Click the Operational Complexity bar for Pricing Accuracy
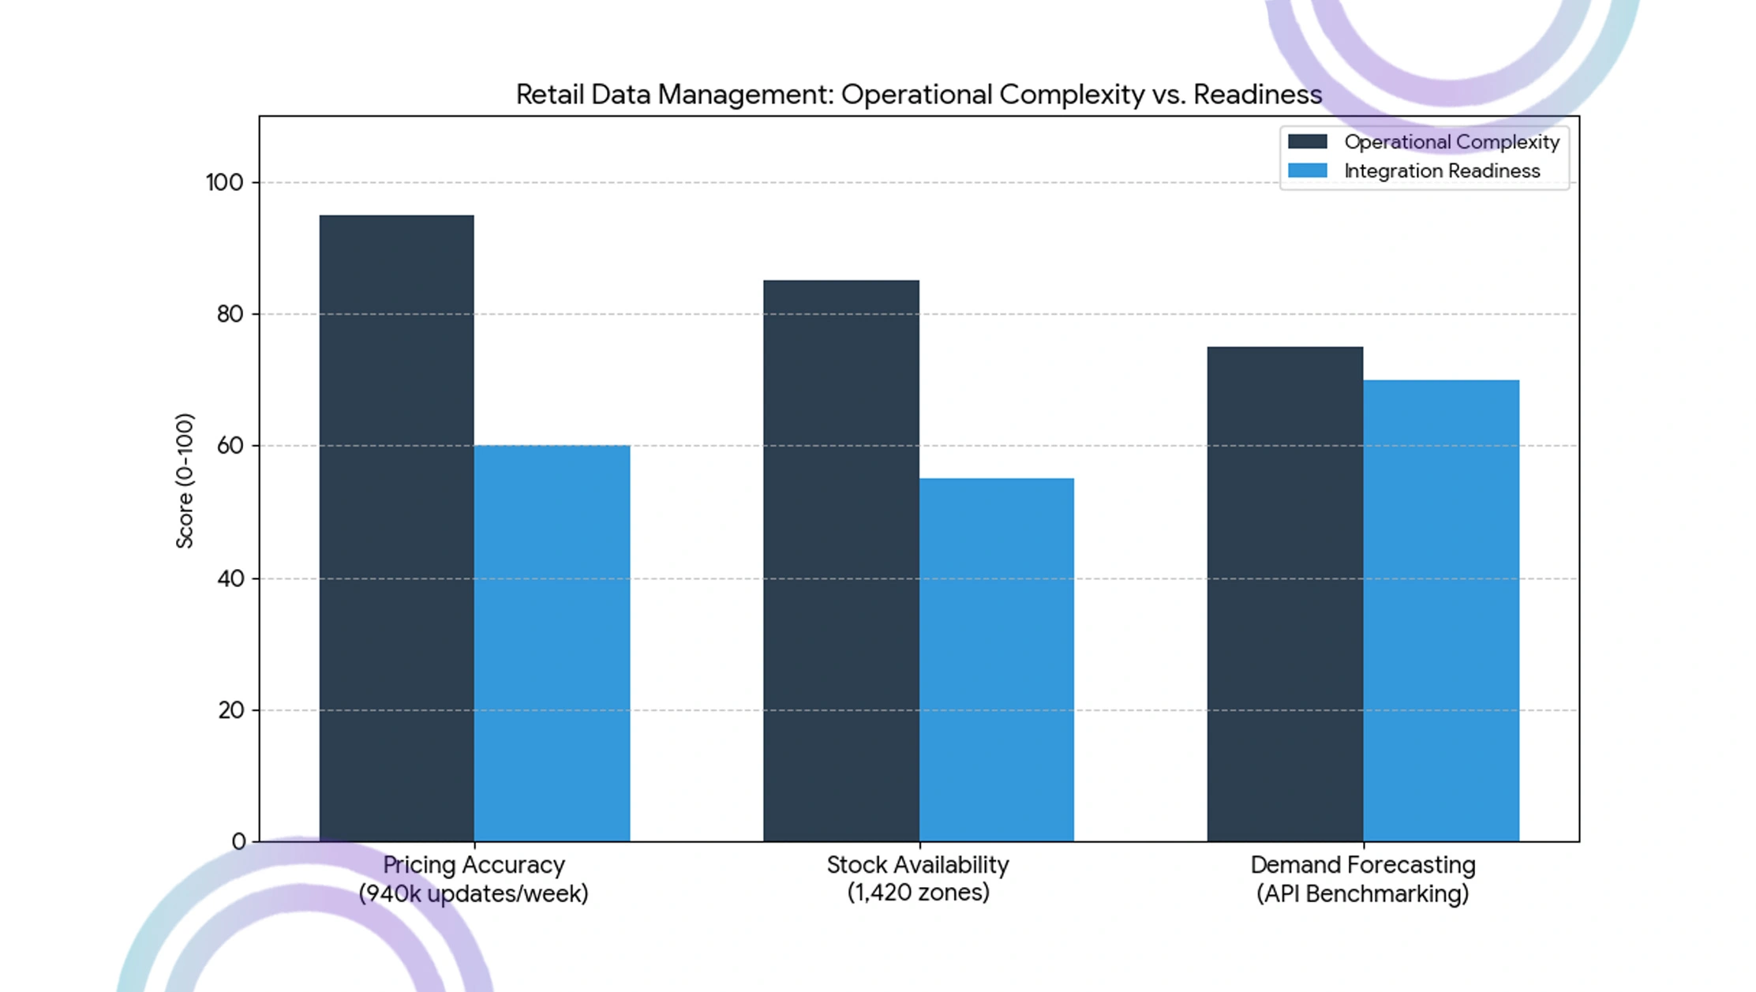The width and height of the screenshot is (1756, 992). coord(397,528)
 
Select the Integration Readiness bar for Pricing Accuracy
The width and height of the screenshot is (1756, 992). coord(552,643)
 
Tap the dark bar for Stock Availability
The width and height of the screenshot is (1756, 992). coord(841,560)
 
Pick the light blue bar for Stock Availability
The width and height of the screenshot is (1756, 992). coord(997,660)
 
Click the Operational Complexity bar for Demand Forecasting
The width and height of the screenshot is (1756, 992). coord(1285,593)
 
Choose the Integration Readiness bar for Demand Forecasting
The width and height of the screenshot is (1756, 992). coord(1441,611)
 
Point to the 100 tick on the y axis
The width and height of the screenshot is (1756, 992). coord(225,182)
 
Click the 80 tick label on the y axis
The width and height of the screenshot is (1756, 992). coord(230,314)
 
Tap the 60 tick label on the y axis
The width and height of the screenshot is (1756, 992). coord(230,446)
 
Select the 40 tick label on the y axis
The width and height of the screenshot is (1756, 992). coord(230,578)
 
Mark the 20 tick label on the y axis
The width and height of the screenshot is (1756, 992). coord(230,710)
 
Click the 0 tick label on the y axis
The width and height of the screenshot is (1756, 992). coord(238,842)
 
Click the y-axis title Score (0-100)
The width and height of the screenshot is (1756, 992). coord(185,481)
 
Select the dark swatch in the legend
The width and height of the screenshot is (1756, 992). coord(1308,141)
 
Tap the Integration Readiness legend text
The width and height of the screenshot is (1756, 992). coord(1442,170)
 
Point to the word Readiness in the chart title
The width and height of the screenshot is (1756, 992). coord(1257,94)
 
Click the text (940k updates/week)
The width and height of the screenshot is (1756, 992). coord(474,894)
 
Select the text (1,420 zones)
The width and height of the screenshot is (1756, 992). coord(918,893)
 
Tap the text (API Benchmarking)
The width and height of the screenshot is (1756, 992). coord(1363,894)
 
